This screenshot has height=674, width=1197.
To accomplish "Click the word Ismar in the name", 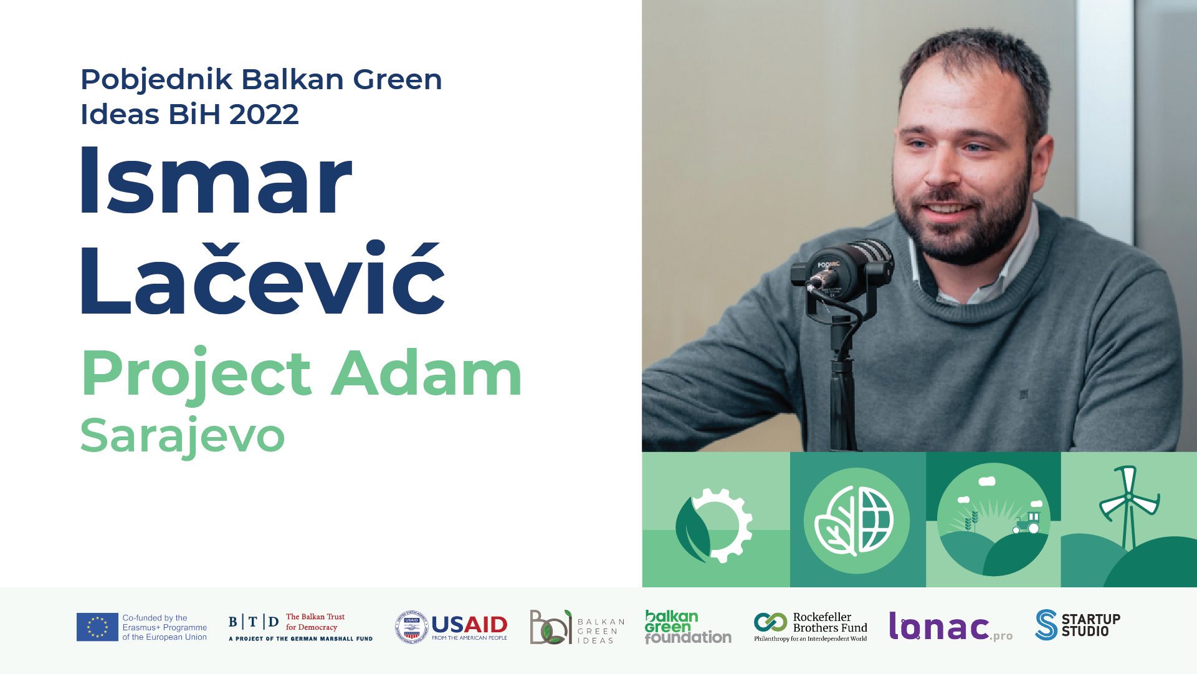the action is point(216,180).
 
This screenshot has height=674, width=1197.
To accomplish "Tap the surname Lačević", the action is point(262,277).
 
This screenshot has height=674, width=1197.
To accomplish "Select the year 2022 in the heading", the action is point(264,114).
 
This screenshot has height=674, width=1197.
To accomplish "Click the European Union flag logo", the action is point(97,627).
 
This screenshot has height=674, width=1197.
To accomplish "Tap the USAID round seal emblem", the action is point(411,627).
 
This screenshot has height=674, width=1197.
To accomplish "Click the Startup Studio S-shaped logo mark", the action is point(1047,625).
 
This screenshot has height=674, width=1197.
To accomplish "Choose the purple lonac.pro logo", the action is point(951,626).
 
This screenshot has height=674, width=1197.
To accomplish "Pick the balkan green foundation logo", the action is point(688,627).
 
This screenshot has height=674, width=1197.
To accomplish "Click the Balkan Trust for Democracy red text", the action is point(315,622).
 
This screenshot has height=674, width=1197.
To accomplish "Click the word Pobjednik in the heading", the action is point(156,80).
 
